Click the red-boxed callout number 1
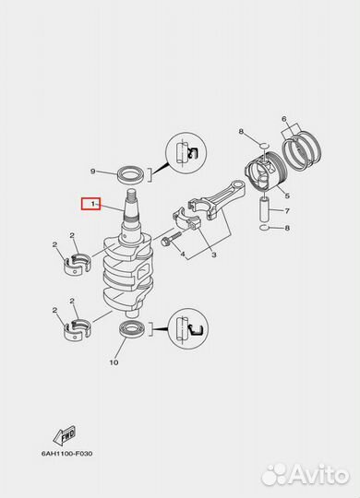(93, 204)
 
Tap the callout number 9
(92, 172)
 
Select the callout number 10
(114, 362)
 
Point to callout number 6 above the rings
(284, 119)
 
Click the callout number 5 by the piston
(287, 196)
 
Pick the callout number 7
(287, 211)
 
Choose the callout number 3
(214, 255)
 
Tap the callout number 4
(183, 255)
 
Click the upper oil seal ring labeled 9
(131, 174)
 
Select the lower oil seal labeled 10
(133, 329)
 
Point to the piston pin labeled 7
(265, 210)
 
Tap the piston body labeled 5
(267, 171)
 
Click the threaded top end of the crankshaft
(131, 193)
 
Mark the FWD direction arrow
(64, 435)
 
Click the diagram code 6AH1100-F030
(67, 454)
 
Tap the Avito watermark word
(319, 476)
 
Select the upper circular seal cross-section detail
(186, 153)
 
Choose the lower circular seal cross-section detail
(188, 328)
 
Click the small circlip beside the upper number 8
(265, 146)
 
